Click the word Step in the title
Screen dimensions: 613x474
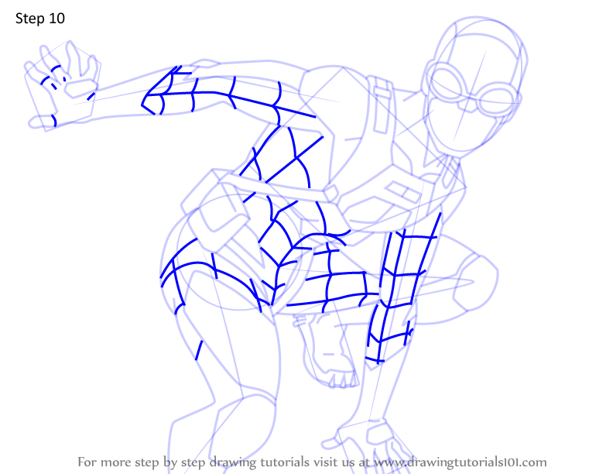29,19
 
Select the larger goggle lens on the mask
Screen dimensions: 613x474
447,83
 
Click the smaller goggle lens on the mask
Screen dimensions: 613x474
496,100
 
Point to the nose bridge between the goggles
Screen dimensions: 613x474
469,98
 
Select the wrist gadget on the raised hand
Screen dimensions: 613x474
81,88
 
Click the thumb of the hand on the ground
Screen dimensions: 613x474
331,443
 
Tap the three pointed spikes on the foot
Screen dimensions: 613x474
343,380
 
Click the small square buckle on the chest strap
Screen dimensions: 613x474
331,194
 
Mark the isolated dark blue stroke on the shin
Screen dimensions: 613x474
199,350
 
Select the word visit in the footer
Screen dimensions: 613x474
324,462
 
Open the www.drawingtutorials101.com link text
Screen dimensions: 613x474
461,462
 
